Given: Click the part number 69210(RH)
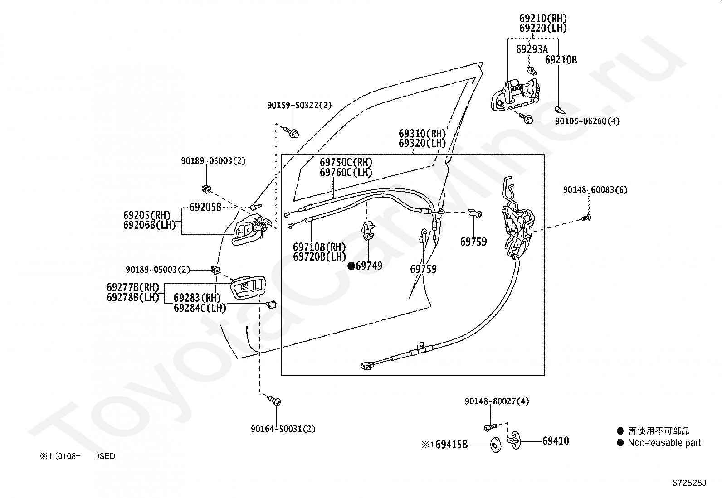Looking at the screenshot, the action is pos(543,18).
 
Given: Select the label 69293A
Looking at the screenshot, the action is pos(532,49).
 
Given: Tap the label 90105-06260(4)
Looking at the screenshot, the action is pos(587,121).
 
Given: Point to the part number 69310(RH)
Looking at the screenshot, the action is pos(422,133).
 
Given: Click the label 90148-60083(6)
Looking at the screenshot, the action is pos(595,190).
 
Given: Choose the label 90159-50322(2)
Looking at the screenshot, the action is pos(299,105).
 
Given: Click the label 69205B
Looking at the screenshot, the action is pos(205,207).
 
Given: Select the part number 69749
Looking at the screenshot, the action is pos(369,266).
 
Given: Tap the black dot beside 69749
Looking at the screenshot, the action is pos(351,266).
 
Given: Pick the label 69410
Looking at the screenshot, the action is pos(556,440).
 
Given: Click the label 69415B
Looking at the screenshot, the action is pos(451,445).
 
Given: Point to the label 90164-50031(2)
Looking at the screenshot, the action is pos(283,429).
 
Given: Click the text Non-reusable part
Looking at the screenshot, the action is pos(664,443).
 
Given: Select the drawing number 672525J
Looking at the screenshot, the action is pos(689,483).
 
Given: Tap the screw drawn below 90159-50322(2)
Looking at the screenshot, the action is pos(291,132).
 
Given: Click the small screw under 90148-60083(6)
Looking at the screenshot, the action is pos(586,218).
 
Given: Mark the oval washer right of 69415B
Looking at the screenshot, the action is pos(495,445).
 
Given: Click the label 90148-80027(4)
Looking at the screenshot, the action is pos(497,401).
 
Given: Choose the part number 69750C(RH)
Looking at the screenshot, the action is pos(346,162).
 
